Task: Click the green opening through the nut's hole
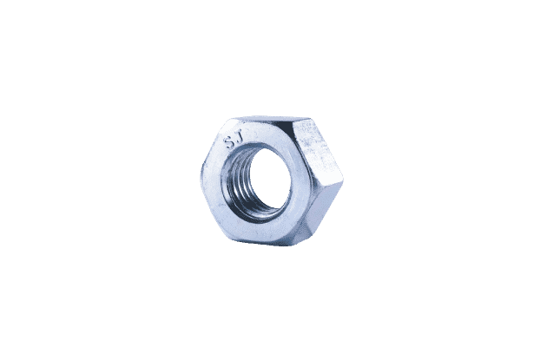tap(267, 180)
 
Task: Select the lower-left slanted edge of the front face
tap(211, 205)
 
